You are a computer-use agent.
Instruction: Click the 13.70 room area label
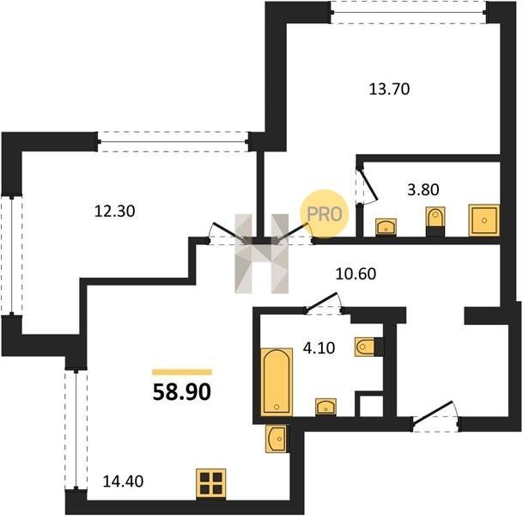(389, 89)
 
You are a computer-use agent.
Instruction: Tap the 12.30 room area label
(115, 212)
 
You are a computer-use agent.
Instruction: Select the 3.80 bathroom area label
(423, 190)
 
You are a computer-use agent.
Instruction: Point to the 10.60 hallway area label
(356, 274)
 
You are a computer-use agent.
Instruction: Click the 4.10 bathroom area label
(319, 348)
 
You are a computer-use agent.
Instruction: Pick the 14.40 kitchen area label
(123, 482)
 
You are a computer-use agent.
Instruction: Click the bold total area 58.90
(182, 392)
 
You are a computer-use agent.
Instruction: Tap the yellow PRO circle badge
(325, 214)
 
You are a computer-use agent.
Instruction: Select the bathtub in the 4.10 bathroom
(277, 382)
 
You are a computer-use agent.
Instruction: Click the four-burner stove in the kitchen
(210, 483)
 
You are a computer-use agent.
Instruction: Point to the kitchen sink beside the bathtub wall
(276, 439)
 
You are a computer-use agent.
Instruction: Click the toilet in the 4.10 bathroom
(365, 347)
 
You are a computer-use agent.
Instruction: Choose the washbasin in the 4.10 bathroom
(325, 407)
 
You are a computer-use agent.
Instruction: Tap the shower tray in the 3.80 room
(484, 220)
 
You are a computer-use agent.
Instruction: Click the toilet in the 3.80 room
(435, 218)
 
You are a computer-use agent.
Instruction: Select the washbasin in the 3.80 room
(386, 227)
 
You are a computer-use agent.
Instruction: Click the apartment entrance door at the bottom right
(435, 415)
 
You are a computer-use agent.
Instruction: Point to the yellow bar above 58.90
(182, 372)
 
